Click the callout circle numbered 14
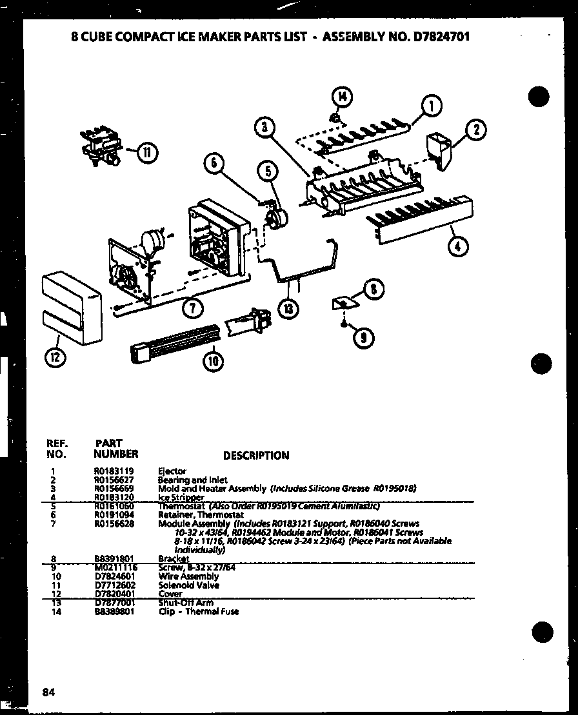(342, 98)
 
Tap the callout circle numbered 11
(148, 152)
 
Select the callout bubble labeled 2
(475, 130)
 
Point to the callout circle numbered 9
(364, 336)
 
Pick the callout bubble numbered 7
(192, 308)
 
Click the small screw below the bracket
(346, 320)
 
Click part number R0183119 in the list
(114, 471)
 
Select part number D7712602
(114, 585)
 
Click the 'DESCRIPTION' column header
(256, 455)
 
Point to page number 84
(48, 692)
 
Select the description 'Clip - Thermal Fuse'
(198, 611)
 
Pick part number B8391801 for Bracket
(114, 559)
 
